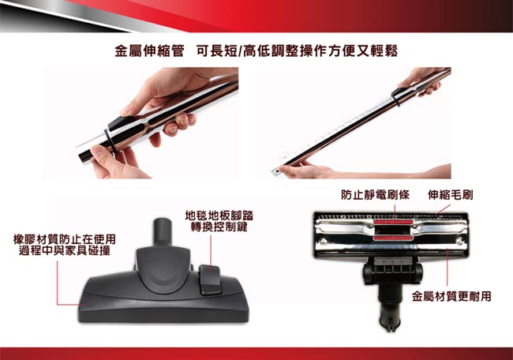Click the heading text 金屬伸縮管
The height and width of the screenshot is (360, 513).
click(x=149, y=51)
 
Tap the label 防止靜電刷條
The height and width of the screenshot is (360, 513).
click(x=375, y=195)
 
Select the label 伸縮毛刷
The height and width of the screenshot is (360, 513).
click(x=450, y=195)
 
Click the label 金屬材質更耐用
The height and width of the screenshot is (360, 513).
click(x=451, y=297)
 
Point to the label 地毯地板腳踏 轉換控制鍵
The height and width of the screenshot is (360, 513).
click(x=219, y=221)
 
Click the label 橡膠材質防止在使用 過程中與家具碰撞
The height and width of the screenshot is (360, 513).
click(x=65, y=245)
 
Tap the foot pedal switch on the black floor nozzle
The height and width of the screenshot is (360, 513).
click(x=209, y=279)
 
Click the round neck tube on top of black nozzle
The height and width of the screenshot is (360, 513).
click(x=163, y=231)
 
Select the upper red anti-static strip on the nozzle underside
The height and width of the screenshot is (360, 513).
click(x=393, y=222)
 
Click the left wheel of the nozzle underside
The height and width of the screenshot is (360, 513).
click(x=368, y=273)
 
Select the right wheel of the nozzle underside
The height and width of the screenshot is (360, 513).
click(x=418, y=273)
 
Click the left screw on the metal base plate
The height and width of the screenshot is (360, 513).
click(x=324, y=242)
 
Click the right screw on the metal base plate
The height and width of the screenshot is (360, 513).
click(x=459, y=242)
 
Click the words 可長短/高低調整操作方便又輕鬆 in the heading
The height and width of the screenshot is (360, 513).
click(x=297, y=51)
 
